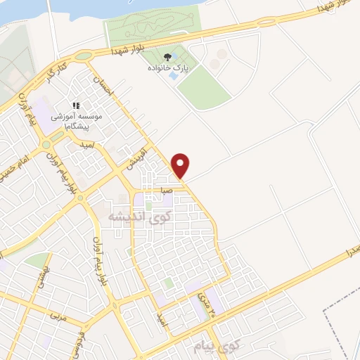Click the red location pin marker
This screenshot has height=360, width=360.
pos(181,165)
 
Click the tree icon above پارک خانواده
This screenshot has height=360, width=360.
pos(167,57)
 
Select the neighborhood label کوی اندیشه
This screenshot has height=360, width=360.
pos(139,218)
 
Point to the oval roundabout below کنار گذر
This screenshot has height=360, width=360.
pos(84,56)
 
